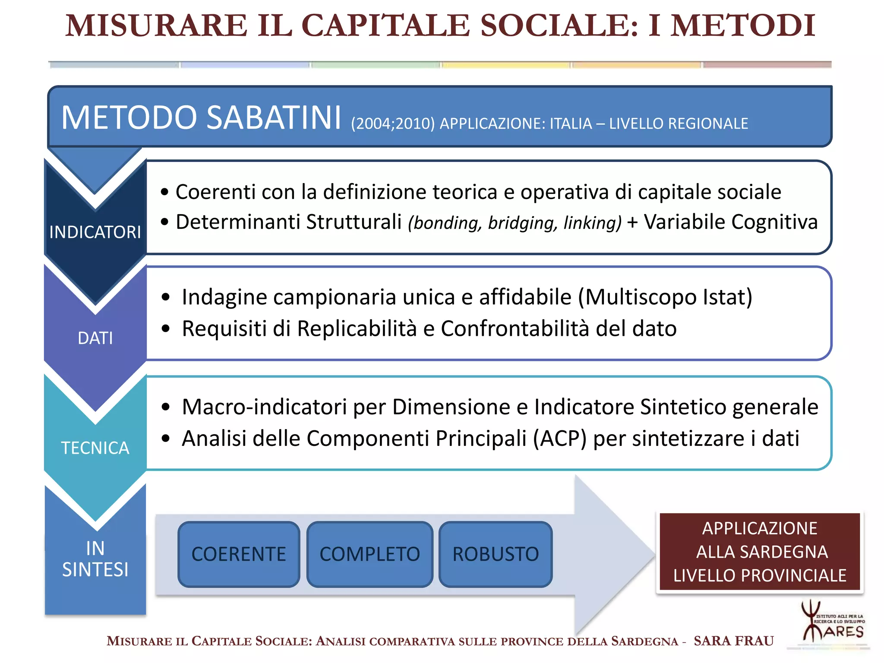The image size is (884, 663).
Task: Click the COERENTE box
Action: tap(239, 554)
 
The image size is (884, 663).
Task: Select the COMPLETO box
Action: tap(369, 554)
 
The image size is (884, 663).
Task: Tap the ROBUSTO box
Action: tap(496, 554)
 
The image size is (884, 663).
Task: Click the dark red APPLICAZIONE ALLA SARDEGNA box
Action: tap(760, 552)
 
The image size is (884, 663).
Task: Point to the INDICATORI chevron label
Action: tap(95, 232)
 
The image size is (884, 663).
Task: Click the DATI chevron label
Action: tap(95, 338)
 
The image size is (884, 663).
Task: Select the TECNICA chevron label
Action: tap(95, 448)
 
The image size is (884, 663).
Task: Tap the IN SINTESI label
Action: tap(95, 559)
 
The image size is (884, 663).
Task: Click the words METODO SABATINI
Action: tap(201, 117)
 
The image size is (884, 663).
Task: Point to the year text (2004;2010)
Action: tap(392, 124)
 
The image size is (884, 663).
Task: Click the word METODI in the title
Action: tap(742, 26)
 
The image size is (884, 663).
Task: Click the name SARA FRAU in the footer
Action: tap(733, 641)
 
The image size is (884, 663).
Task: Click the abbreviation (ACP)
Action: tap(559, 439)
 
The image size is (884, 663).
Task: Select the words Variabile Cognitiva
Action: tap(730, 222)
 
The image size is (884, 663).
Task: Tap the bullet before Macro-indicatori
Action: tap(166, 407)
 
